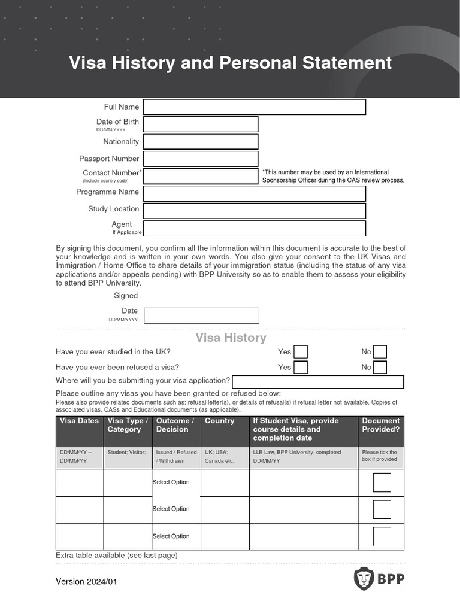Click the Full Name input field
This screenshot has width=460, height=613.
click(254, 107)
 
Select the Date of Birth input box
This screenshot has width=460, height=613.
click(201, 124)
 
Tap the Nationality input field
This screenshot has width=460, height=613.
click(201, 142)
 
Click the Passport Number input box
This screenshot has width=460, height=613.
click(201, 159)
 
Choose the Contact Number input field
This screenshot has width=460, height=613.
click(201, 176)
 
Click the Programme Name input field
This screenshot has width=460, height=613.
click(254, 194)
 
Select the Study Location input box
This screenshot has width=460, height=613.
click(254, 211)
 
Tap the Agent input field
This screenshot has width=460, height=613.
click(254, 228)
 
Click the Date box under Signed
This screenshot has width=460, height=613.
click(202, 315)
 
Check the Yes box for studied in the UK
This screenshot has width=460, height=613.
click(300, 352)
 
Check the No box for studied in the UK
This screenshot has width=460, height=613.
click(380, 352)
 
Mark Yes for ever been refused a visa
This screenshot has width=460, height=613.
click(300, 367)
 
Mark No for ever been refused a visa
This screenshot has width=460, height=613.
click(380, 367)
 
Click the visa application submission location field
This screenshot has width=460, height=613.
click(317, 382)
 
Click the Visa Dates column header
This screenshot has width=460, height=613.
click(80, 421)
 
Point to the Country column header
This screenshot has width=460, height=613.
click(220, 421)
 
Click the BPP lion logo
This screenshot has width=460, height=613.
click(364, 579)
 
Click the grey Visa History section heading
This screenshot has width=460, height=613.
click(231, 338)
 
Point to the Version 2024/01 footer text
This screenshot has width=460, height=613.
click(86, 581)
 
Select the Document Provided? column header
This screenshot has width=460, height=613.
click(380, 425)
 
